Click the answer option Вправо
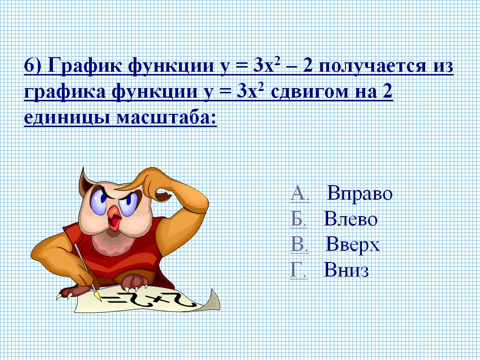360,194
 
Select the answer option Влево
351,219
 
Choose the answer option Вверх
352,245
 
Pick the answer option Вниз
346,270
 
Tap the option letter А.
300,194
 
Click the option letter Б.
298,219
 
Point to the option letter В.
299,245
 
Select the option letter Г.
298,270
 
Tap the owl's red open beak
114,217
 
